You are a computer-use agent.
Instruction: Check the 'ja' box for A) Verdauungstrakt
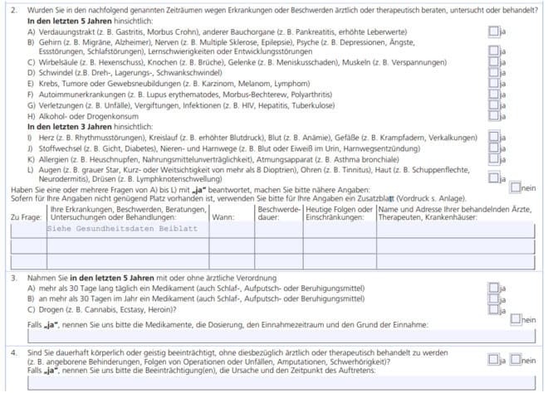coord(493,31)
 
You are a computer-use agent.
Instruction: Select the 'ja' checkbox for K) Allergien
coord(493,158)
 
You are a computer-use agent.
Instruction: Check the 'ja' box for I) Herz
coord(493,137)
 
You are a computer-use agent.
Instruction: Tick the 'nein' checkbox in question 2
coord(516,187)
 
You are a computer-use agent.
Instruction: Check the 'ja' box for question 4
coord(493,359)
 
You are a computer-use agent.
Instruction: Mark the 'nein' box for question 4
coord(516,359)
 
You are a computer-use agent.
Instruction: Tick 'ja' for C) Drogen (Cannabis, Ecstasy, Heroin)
coord(493,309)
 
